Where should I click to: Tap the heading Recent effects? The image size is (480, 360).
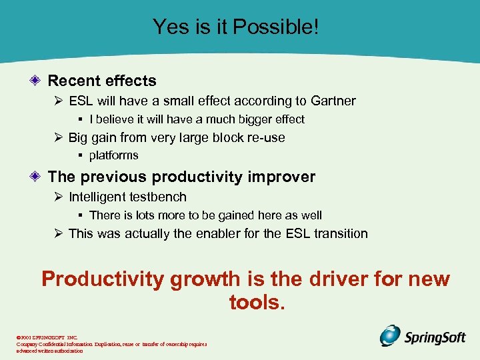[102, 81]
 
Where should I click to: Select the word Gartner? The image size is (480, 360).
[333, 101]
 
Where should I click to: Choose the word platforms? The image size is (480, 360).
[113, 155]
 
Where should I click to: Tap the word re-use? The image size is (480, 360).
[265, 138]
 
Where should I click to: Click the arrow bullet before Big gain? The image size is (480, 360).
[58, 138]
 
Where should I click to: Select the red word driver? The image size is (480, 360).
[351, 279]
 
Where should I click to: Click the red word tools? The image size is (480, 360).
[257, 303]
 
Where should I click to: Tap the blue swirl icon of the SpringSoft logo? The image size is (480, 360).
[390, 335]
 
